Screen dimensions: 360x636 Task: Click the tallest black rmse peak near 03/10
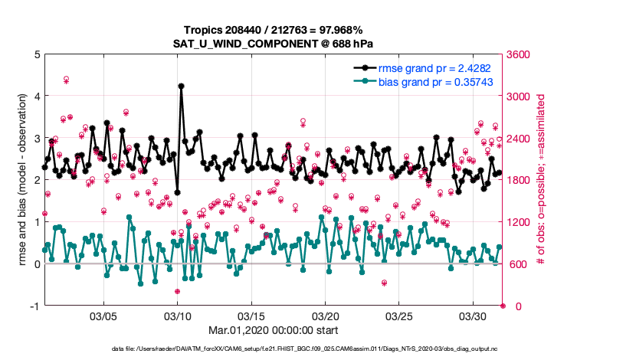[x=181, y=86]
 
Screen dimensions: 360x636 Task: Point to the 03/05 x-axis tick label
[x=103, y=316]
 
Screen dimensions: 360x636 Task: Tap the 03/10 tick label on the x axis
[x=178, y=316]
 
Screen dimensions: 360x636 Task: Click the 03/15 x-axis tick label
[x=251, y=316]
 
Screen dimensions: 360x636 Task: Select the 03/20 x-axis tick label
[x=326, y=316]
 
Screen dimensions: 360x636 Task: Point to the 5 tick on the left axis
[x=37, y=54]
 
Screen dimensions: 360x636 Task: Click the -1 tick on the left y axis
[x=34, y=306]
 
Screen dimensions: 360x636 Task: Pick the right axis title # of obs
[x=541, y=180]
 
